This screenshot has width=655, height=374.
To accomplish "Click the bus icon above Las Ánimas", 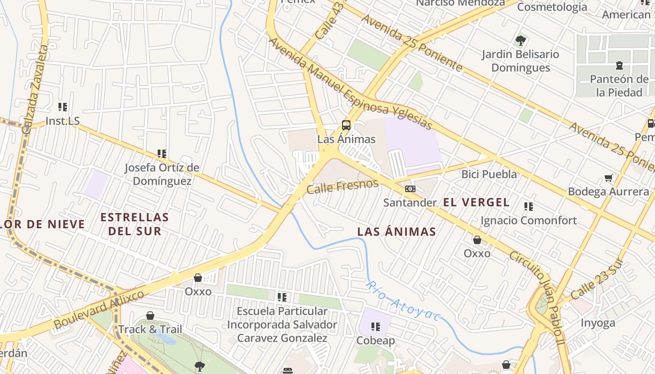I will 346,125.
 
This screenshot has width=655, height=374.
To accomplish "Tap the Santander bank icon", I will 410,189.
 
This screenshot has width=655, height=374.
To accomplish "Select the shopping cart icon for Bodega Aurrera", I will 608,178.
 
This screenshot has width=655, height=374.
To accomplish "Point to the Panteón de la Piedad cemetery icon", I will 619,65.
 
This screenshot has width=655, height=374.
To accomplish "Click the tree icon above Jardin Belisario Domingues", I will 520,40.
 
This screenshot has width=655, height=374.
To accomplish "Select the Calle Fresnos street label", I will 342,186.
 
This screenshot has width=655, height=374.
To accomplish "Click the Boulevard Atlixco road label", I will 99,309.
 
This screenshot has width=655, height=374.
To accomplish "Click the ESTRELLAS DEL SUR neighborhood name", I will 135,224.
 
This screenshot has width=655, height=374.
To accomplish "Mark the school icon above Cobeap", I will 376,326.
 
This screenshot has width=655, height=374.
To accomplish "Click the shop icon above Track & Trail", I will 150,316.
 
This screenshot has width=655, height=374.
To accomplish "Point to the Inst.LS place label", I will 63,121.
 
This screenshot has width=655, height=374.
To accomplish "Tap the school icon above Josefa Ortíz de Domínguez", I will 162,153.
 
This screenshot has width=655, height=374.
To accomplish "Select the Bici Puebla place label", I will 489,174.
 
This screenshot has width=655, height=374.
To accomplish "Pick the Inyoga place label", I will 598,323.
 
